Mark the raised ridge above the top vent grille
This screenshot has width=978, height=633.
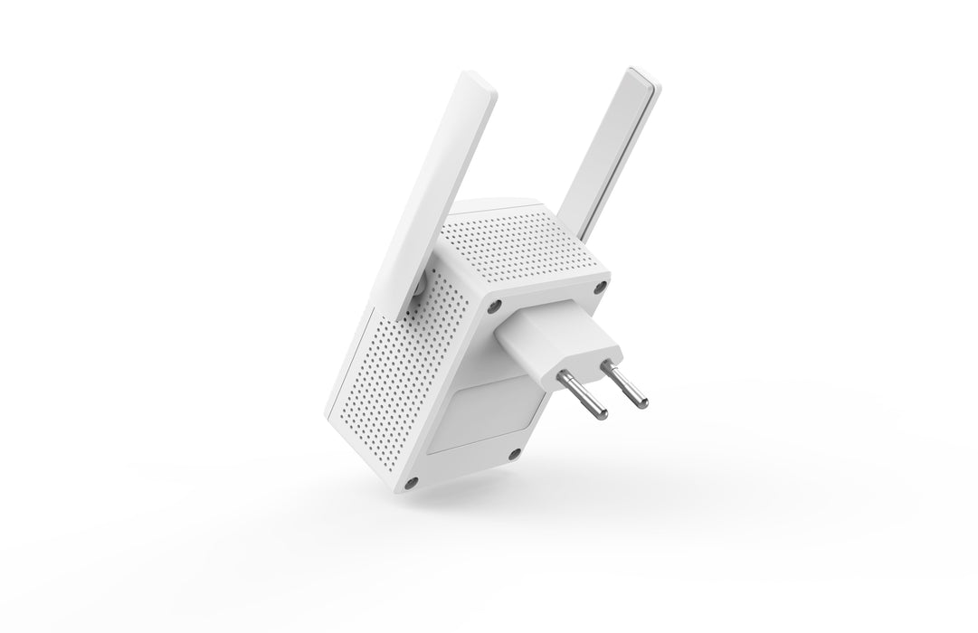coord(493,204)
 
